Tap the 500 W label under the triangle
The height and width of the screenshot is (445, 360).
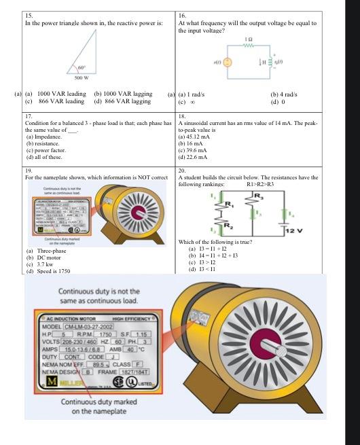(x=84, y=79)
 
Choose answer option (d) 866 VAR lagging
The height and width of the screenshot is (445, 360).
(x=122, y=101)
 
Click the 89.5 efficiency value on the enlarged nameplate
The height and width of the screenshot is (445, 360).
(x=100, y=364)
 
